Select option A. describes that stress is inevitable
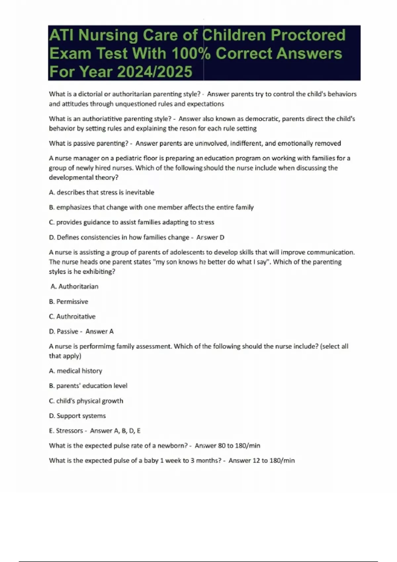102,192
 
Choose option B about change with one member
151,207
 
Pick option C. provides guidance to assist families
131,222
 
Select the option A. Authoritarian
74,287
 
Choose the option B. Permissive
68,301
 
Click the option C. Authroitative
72,316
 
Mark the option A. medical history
75,371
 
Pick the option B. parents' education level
88,386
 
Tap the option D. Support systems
77,416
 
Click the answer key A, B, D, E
115,431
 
